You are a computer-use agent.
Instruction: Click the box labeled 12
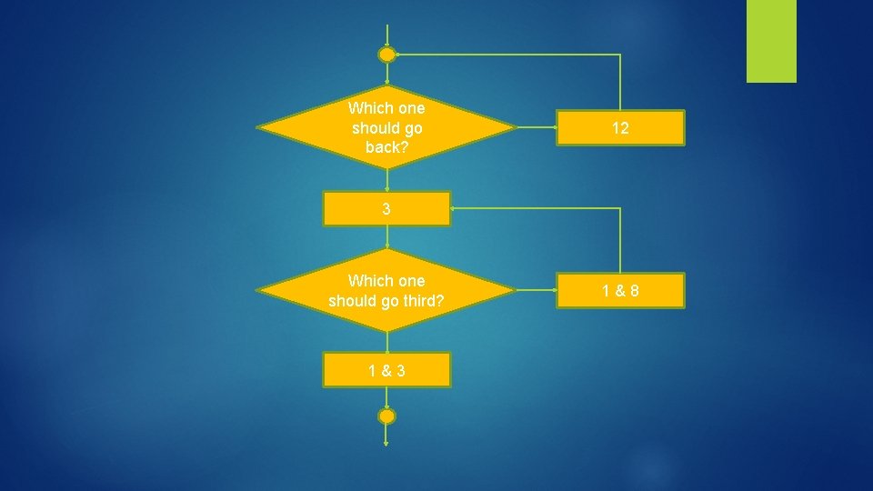click(x=620, y=128)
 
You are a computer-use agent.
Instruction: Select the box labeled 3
click(x=386, y=208)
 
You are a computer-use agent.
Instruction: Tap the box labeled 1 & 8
click(x=620, y=291)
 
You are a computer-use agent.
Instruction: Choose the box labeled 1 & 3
click(x=386, y=370)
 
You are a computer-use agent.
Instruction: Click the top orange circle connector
click(x=386, y=55)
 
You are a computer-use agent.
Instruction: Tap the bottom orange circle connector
click(x=386, y=416)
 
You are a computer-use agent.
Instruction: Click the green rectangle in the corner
click(x=771, y=41)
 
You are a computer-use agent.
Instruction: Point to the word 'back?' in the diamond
click(x=386, y=146)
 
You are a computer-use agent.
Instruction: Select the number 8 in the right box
click(x=634, y=291)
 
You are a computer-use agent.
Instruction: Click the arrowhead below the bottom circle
click(x=386, y=443)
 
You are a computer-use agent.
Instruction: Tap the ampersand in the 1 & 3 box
click(x=386, y=370)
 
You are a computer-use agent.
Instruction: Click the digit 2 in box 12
click(x=625, y=128)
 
